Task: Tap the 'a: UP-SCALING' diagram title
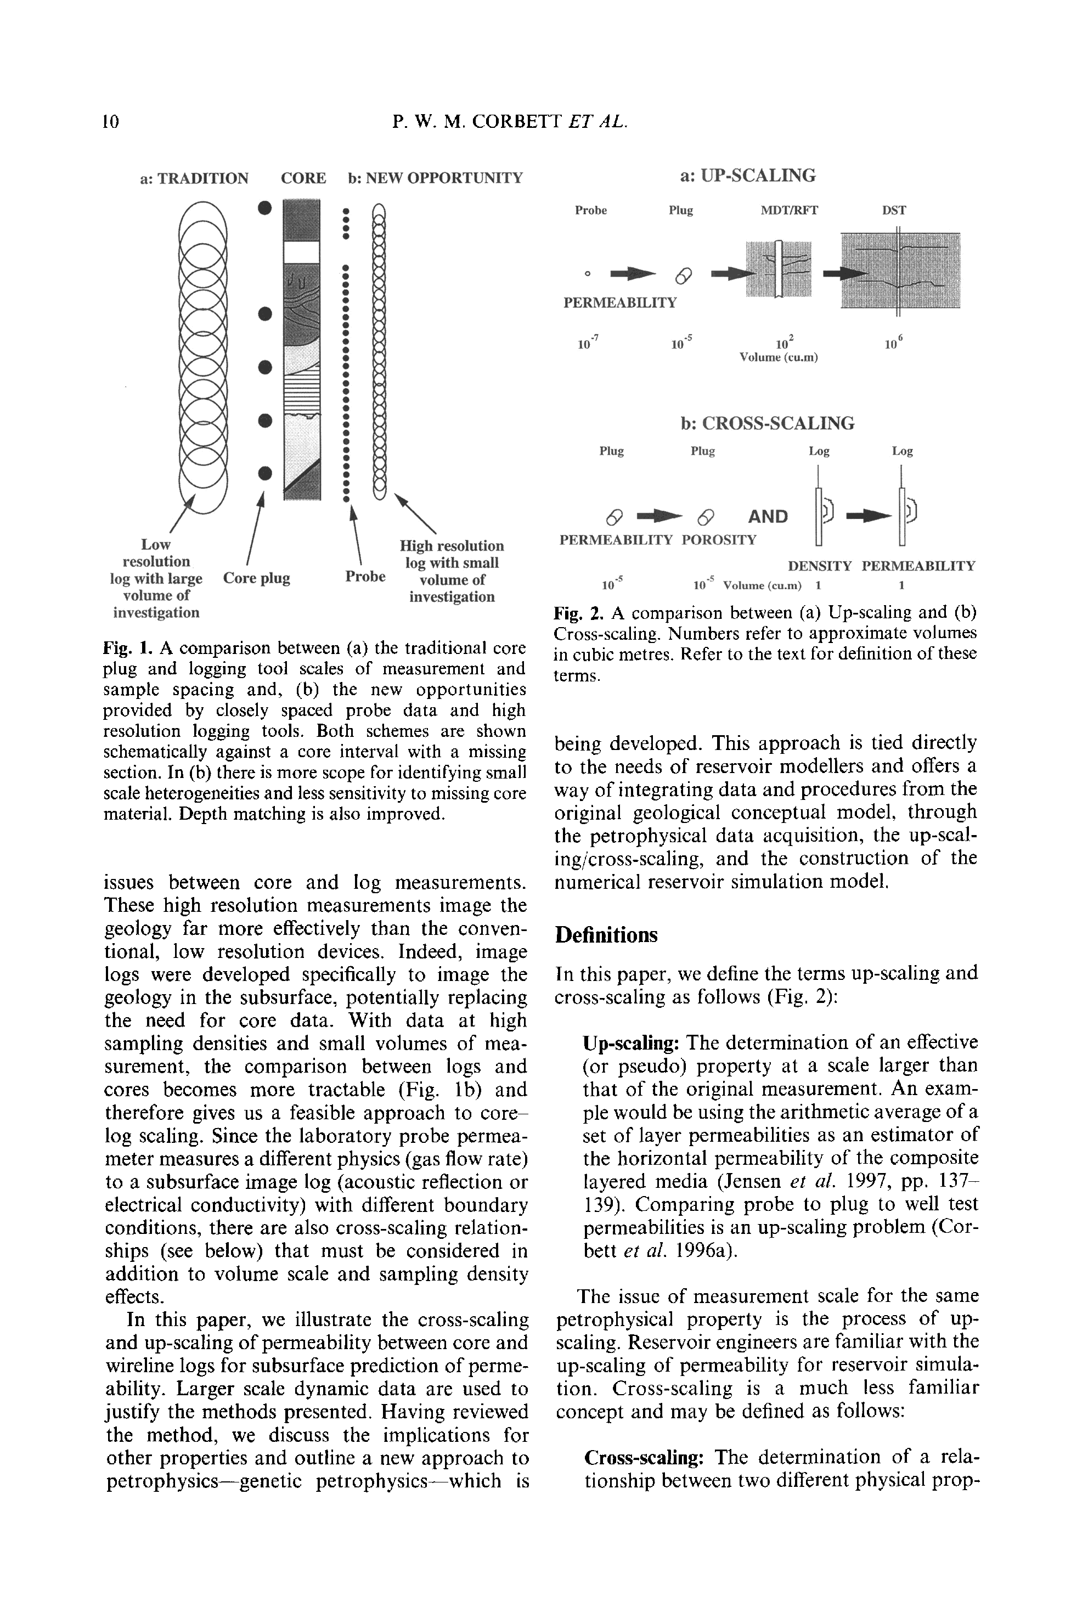[747, 176]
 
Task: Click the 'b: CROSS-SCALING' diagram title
[767, 423]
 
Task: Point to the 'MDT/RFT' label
[788, 210]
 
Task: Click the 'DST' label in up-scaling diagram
[894, 210]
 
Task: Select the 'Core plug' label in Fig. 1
[257, 578]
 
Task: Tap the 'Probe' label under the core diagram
[365, 577]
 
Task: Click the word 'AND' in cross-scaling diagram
[768, 516]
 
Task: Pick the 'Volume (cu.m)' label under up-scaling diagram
[778, 358]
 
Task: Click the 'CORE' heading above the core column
[303, 178]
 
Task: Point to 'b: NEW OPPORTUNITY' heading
[435, 178]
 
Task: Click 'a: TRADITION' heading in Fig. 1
[194, 178]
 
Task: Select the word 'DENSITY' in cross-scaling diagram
[820, 566]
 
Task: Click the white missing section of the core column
[302, 252]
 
